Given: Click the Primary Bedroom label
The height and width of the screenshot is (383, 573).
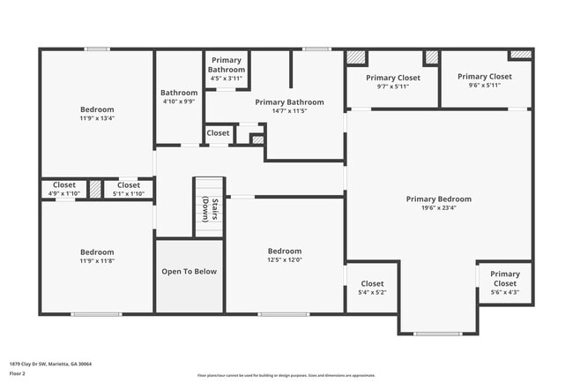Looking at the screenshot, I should (x=438, y=199).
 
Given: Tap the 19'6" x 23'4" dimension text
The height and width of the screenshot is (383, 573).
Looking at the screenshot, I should (x=438, y=209).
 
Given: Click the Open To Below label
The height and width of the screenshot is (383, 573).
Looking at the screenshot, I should (x=189, y=272).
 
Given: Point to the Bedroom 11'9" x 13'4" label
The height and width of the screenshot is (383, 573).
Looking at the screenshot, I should (x=97, y=109).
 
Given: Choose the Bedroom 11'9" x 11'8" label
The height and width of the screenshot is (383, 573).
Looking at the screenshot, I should (x=97, y=252).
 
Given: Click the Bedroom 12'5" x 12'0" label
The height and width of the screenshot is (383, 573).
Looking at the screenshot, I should (x=285, y=252).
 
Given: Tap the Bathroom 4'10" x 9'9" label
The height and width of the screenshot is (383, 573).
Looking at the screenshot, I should (x=179, y=93).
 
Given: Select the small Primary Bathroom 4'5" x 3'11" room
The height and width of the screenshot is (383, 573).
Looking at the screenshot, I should (x=226, y=70).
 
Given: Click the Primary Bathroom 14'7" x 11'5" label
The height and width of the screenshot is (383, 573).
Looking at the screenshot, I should (x=289, y=102).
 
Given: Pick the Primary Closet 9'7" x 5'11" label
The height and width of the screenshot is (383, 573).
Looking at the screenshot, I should (x=393, y=78).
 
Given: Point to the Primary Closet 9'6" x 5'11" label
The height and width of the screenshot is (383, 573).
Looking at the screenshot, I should (x=484, y=77).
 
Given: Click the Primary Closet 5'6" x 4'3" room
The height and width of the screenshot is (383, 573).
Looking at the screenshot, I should (x=505, y=282).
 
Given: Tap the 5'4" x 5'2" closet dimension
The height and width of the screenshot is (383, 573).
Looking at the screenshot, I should (x=372, y=292).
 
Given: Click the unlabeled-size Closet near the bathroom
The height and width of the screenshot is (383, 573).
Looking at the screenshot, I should (x=218, y=133).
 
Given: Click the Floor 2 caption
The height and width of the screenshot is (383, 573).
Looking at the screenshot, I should (x=19, y=373).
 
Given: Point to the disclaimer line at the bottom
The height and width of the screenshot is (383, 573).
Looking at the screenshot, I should (x=286, y=375).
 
